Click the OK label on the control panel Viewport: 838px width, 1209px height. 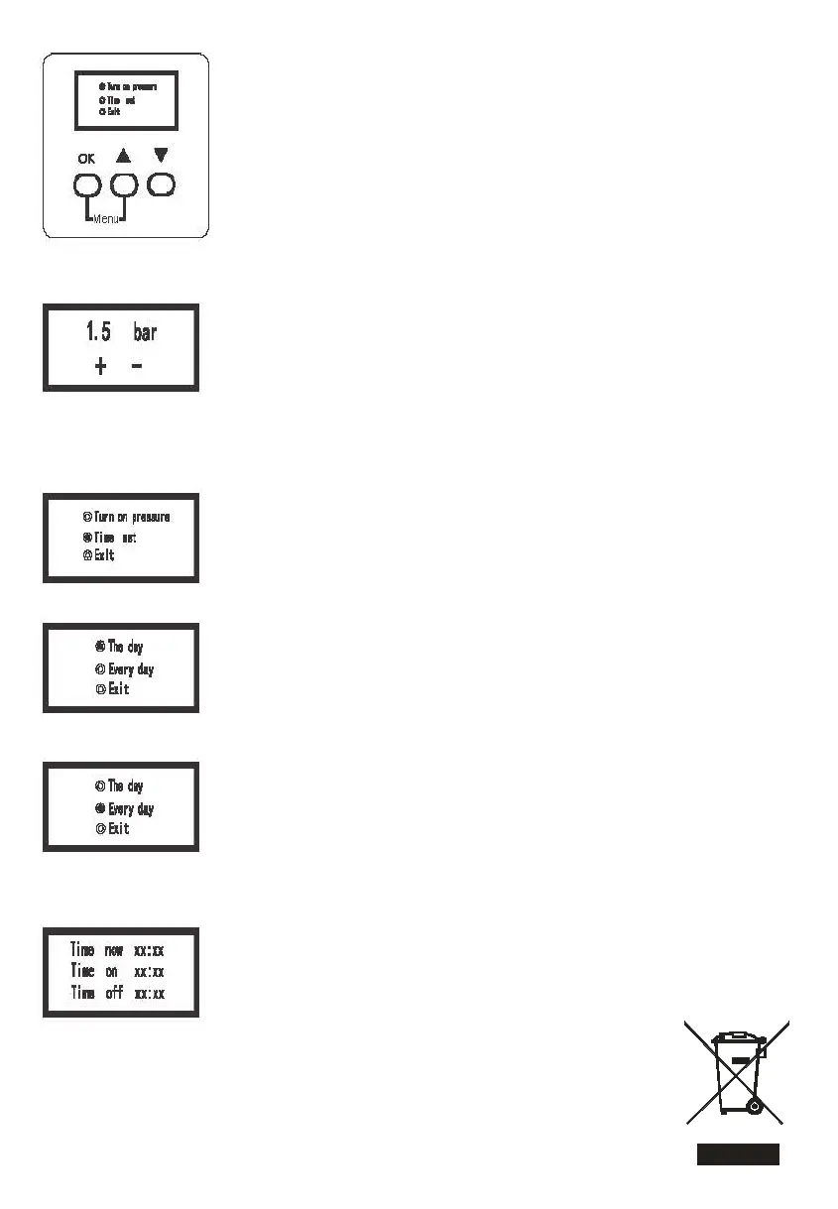87,159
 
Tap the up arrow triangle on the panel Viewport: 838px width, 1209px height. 123,157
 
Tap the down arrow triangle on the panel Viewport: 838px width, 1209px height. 160,156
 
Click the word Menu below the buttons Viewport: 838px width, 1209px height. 105,219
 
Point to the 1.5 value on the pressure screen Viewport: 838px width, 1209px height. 98,332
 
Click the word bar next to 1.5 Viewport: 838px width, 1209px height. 145,332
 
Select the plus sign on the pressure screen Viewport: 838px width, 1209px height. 101,367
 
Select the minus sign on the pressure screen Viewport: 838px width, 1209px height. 136,367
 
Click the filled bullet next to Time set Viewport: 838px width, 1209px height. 87,537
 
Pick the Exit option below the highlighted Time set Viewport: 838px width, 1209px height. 104,555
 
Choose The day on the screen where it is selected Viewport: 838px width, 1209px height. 125,647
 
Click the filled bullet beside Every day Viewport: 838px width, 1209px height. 100,808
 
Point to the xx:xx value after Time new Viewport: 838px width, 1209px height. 149,950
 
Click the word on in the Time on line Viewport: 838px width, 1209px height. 112,971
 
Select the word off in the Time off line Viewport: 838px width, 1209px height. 114,992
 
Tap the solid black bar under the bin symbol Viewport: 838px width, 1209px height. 737,1153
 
